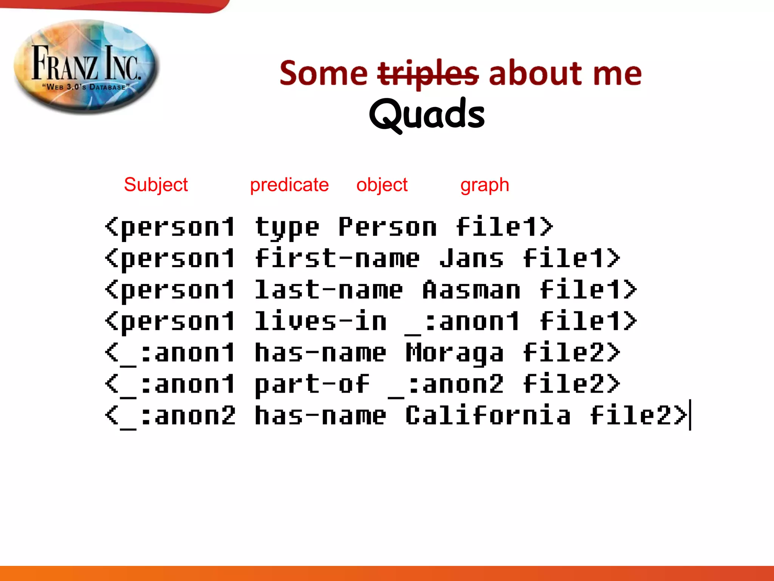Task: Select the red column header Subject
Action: click(156, 185)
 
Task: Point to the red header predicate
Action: click(289, 185)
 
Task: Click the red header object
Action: click(382, 185)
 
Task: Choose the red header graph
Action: click(485, 185)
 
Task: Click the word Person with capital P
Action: click(387, 227)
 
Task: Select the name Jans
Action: click(471, 258)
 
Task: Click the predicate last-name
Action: click(328, 290)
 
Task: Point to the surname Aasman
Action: click(471, 290)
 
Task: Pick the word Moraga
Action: click(454, 353)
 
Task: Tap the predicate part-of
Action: click(312, 385)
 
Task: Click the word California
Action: click(488, 416)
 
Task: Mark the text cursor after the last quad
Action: click(690, 415)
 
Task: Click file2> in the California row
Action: click(638, 416)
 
